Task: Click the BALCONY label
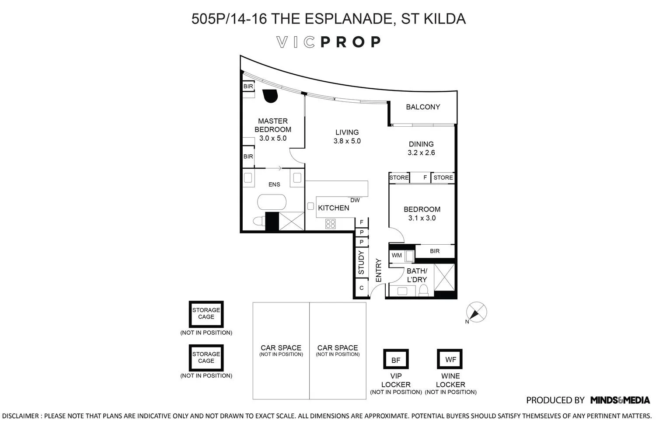click(x=422, y=107)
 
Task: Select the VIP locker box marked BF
click(x=396, y=360)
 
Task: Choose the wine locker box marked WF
click(x=450, y=359)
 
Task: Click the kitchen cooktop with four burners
click(x=330, y=224)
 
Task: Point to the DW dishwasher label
click(x=355, y=200)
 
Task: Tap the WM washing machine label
click(x=397, y=255)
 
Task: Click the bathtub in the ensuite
click(x=272, y=202)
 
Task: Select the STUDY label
click(x=361, y=262)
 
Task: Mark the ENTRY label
click(x=379, y=270)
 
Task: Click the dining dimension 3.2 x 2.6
click(x=421, y=153)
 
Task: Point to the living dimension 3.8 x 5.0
click(x=347, y=141)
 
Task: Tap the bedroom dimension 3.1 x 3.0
click(x=422, y=218)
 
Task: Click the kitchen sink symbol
click(x=311, y=206)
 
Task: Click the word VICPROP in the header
click(x=328, y=42)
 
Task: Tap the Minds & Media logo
click(x=620, y=400)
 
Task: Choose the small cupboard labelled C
click(x=361, y=288)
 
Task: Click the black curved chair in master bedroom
click(x=270, y=96)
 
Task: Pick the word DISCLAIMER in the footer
click(x=21, y=416)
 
